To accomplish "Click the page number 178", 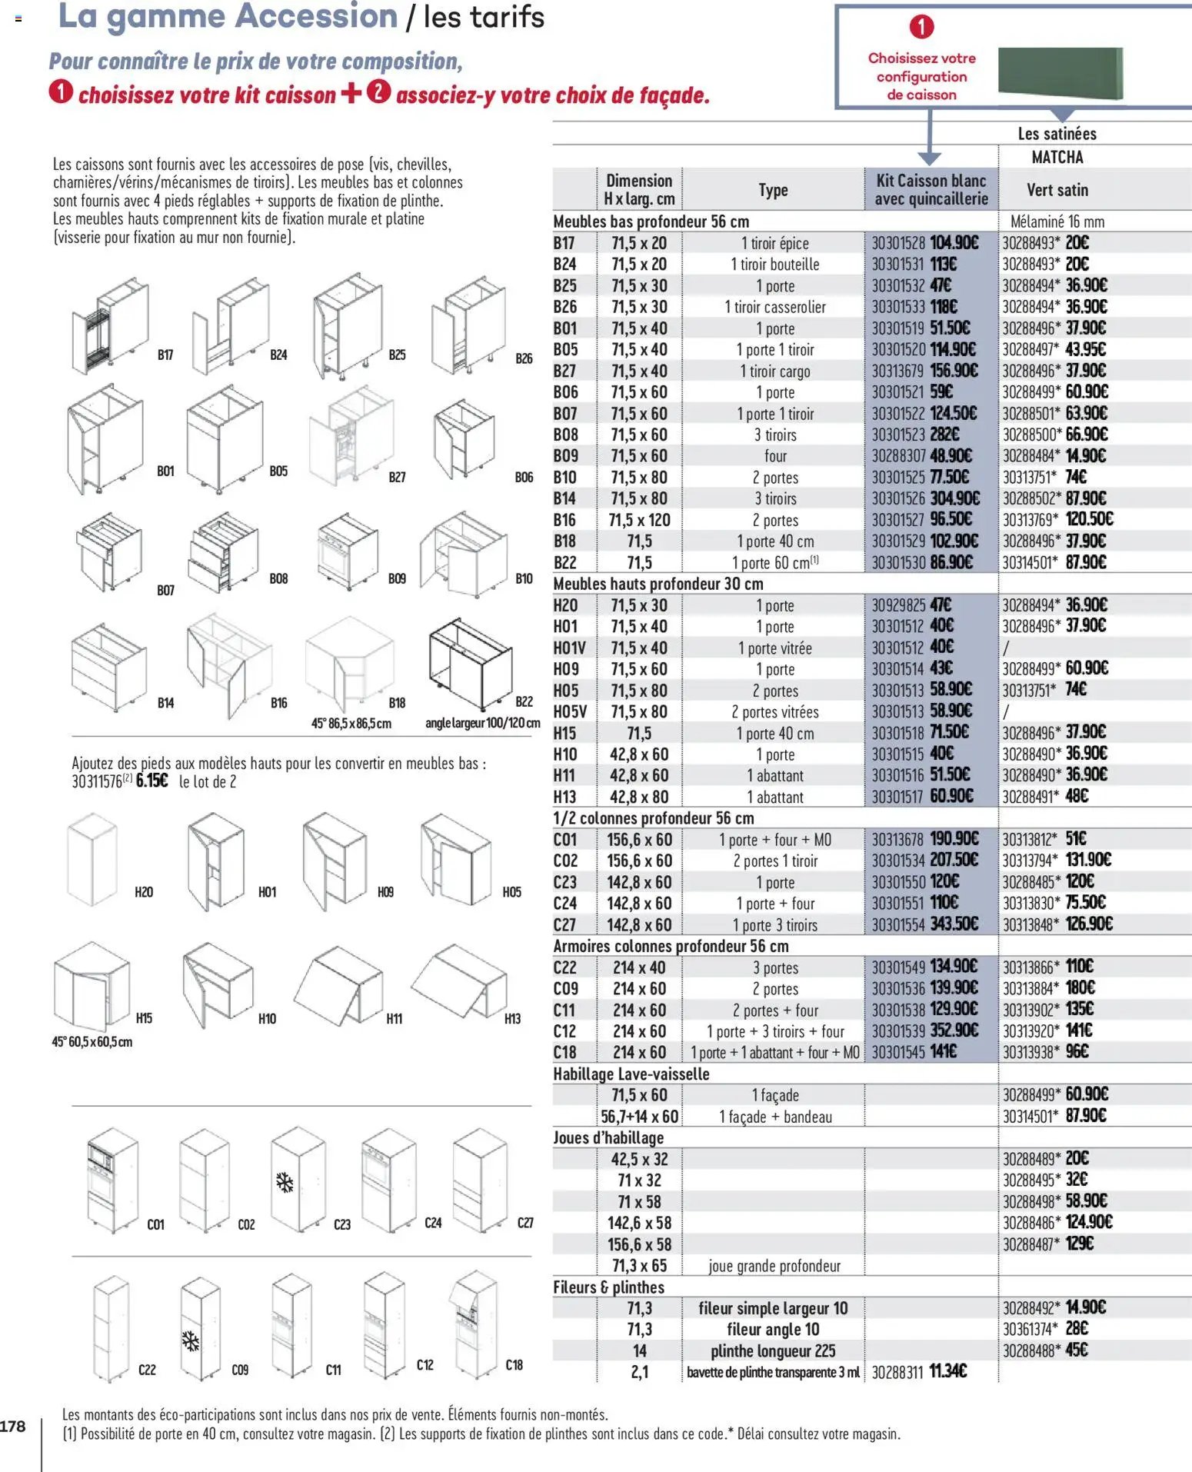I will (13, 1427).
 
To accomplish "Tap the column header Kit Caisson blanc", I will (931, 189).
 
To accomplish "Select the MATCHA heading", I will (1057, 158).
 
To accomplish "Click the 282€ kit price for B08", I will (944, 435).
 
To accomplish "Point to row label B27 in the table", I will (565, 371).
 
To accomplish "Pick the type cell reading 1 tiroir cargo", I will (774, 371).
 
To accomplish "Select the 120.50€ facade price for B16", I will (1089, 519).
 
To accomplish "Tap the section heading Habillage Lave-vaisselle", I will (631, 1074).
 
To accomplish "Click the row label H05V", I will (569, 712).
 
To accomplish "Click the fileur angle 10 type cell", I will (773, 1329).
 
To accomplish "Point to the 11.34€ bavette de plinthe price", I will (947, 1371).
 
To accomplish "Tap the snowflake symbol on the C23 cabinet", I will (285, 1182).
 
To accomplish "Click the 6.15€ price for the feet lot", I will (151, 781).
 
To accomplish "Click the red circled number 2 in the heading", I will (378, 92).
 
